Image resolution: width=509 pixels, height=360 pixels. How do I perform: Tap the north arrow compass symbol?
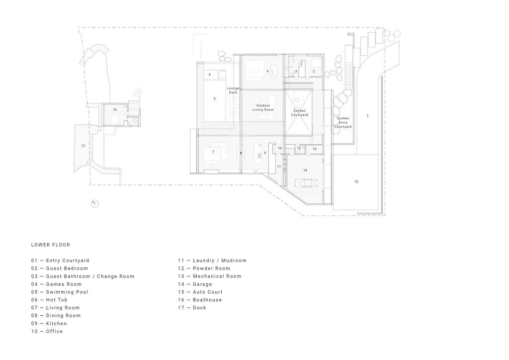click(94, 203)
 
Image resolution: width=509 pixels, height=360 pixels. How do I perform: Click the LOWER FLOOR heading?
click(50, 245)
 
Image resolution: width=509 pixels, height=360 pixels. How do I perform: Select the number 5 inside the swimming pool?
click(215, 99)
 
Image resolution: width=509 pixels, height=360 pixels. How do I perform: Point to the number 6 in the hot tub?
click(210, 75)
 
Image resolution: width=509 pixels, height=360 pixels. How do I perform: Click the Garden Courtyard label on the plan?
click(299, 113)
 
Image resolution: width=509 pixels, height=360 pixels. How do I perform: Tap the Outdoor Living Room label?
click(263, 107)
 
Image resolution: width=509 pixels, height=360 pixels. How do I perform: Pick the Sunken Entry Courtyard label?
click(343, 123)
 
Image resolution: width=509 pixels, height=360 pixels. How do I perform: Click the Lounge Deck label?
click(233, 90)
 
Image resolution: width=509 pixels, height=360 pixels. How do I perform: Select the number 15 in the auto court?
click(356, 182)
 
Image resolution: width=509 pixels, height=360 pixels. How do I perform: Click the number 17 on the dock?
click(84, 146)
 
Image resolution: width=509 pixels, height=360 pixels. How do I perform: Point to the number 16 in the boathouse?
click(115, 109)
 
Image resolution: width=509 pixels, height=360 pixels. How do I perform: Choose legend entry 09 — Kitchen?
click(49, 323)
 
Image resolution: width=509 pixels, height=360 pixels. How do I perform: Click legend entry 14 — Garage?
click(195, 284)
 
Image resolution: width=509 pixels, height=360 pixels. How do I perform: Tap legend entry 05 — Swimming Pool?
click(59, 292)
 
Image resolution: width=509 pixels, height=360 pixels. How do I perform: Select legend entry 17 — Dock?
click(192, 308)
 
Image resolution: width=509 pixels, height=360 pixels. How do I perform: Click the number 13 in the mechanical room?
click(315, 149)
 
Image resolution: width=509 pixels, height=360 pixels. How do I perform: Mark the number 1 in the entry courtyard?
click(368, 116)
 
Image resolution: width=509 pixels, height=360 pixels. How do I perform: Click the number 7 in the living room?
click(213, 152)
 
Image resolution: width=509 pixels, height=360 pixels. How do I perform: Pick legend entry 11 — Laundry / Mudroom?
click(212, 261)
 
